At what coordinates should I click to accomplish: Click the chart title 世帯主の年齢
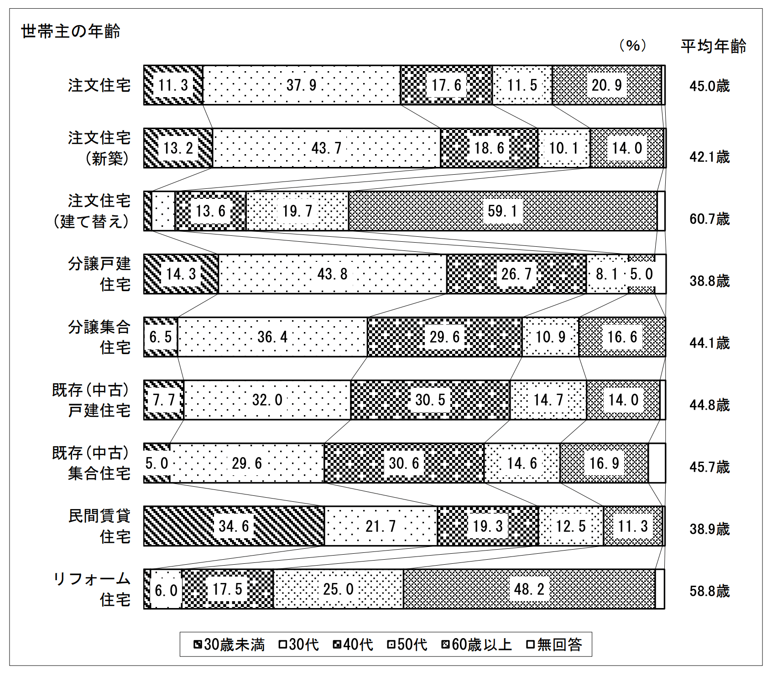(x=71, y=31)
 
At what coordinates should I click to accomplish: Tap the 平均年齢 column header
(x=713, y=46)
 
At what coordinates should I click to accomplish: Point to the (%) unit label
(x=632, y=46)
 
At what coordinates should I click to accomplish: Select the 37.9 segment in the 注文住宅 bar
(x=301, y=85)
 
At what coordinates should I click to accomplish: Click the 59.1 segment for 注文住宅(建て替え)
(x=502, y=211)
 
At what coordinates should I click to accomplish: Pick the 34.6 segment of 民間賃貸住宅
(x=234, y=526)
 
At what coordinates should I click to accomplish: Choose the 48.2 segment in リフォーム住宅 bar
(x=529, y=589)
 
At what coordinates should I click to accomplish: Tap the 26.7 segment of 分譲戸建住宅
(x=516, y=274)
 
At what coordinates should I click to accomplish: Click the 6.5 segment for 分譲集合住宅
(x=161, y=337)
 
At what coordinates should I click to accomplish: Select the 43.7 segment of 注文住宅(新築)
(x=326, y=148)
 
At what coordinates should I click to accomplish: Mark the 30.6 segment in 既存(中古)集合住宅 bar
(x=404, y=463)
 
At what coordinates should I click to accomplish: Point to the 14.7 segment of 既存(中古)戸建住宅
(x=548, y=400)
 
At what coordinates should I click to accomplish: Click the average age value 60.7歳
(x=709, y=219)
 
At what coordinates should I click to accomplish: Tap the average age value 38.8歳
(x=709, y=281)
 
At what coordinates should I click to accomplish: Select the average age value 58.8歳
(x=709, y=591)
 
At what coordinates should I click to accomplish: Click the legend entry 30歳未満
(x=230, y=645)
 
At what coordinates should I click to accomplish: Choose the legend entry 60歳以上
(x=477, y=645)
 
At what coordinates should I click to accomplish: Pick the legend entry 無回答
(x=554, y=645)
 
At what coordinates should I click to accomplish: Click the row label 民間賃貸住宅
(x=99, y=526)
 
